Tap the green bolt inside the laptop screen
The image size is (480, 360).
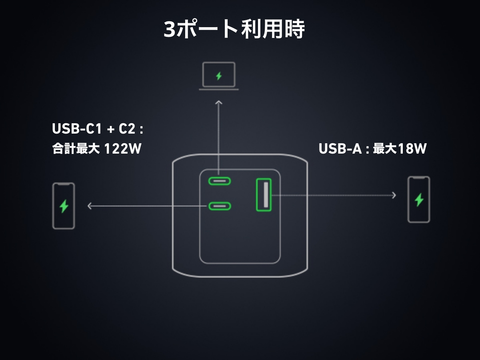tap(218, 76)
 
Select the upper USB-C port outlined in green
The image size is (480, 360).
tap(219, 181)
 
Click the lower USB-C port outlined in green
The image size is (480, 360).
tap(219, 206)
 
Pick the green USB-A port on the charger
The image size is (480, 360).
tap(264, 194)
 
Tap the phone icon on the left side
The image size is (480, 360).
tap(64, 206)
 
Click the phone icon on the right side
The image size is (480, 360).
tap(419, 199)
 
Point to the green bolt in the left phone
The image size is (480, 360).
tap(64, 206)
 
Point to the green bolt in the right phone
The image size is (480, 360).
tap(419, 199)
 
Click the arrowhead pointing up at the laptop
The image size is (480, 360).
tap(218, 103)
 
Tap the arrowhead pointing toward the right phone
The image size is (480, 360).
tap(394, 195)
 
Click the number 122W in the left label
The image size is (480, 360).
tap(123, 149)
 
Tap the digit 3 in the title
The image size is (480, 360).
tap(170, 29)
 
